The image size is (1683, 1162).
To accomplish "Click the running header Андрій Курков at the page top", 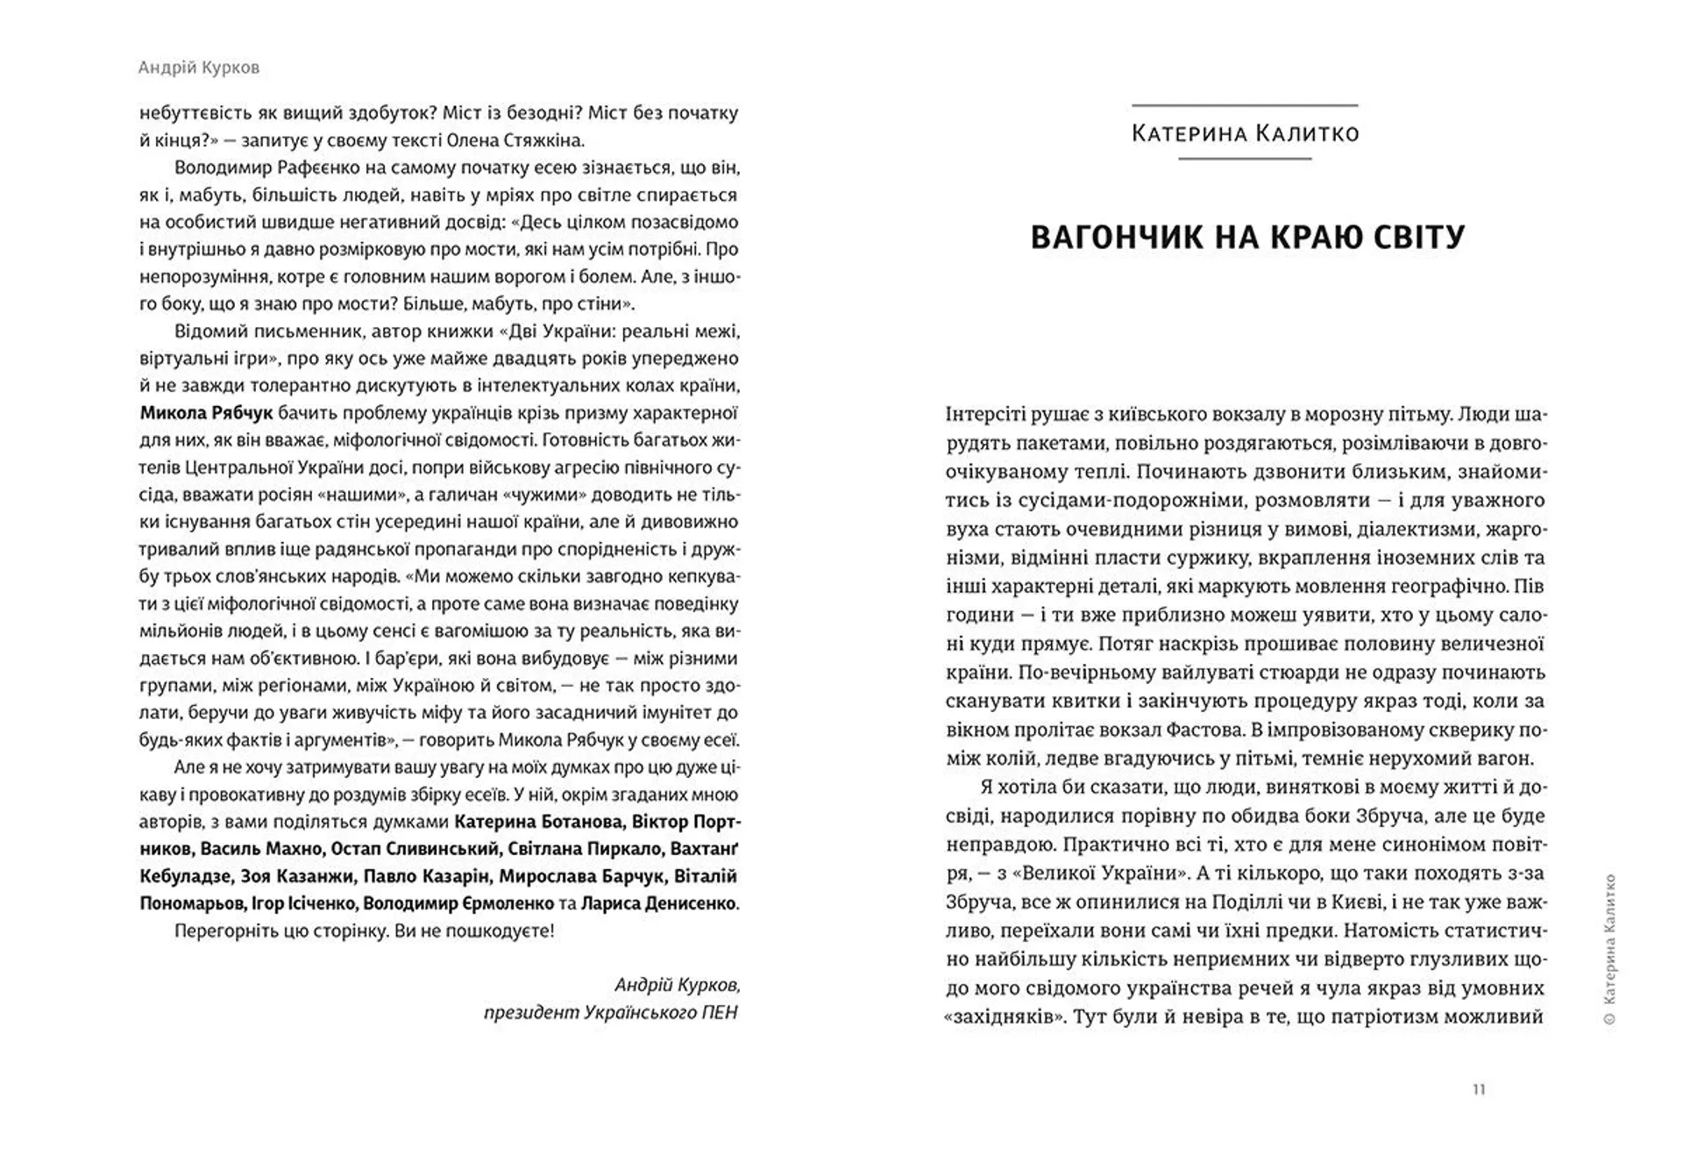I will click(x=199, y=68).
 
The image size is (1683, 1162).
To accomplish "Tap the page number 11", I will click(x=1479, y=1090).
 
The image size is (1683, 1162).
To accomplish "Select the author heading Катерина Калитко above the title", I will click(x=1245, y=133).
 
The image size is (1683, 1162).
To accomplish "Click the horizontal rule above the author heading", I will click(x=1245, y=105).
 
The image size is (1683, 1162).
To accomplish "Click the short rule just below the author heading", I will click(x=1245, y=159).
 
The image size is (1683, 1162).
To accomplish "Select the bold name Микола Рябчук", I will click(x=207, y=413).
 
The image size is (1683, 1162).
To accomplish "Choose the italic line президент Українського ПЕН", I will click(x=611, y=1012).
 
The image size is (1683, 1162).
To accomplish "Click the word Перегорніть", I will click(x=221, y=930).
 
